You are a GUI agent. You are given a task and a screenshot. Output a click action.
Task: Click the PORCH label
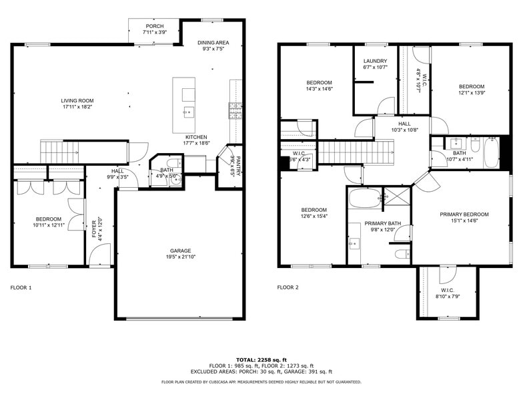pyautogui.click(x=155, y=26)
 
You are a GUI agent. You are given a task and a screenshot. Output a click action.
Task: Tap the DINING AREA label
pyautogui.click(x=213, y=43)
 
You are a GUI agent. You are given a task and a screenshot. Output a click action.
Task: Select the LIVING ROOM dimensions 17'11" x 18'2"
pyautogui.click(x=77, y=106)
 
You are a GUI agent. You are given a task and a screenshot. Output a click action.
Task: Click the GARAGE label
pyautogui.click(x=179, y=251)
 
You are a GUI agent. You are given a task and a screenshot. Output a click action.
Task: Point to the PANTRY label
pyautogui.click(x=237, y=157)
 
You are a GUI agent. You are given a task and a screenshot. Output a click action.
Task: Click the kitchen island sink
pyautogui.click(x=189, y=112)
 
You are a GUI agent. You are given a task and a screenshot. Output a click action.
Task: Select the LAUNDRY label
pyautogui.click(x=375, y=61)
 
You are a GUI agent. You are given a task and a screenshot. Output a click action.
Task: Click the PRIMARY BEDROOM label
pyautogui.click(x=464, y=215)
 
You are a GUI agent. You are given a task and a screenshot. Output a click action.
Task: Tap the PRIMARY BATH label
pyautogui.click(x=382, y=223)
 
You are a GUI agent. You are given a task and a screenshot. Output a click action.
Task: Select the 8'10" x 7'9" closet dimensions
pyautogui.click(x=448, y=296)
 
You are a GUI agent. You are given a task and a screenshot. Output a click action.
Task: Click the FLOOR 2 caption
pyautogui.click(x=288, y=287)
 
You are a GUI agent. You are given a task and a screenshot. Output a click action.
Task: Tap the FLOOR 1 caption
pyautogui.click(x=21, y=287)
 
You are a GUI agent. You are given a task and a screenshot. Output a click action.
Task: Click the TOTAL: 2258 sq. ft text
pyautogui.click(x=261, y=360)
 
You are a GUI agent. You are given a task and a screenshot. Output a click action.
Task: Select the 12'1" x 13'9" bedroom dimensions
pyautogui.click(x=471, y=93)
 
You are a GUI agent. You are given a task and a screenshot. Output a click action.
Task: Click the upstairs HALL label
pyautogui.click(x=405, y=124)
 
